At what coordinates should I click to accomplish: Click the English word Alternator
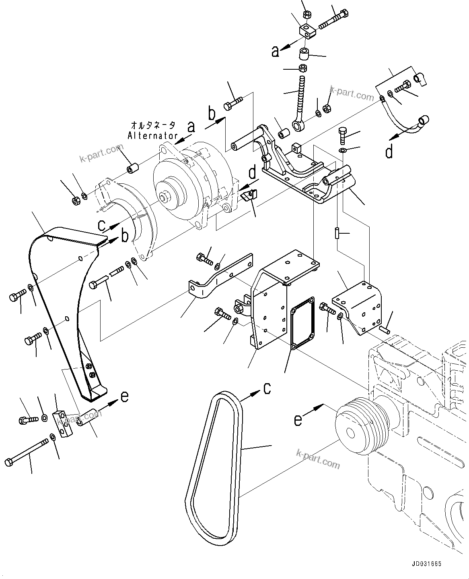tap(152, 136)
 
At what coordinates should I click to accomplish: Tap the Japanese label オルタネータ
tap(153, 125)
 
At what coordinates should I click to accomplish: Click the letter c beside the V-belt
tap(267, 388)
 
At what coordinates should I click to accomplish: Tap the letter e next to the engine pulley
tap(298, 420)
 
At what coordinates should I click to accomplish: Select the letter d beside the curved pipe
tap(389, 152)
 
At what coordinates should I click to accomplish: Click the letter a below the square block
tap(275, 52)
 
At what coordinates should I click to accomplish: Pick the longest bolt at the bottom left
tap(27, 452)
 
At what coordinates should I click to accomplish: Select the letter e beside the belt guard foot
tap(125, 396)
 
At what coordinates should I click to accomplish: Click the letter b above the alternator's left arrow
tap(212, 114)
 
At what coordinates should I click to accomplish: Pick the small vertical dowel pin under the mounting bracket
tap(337, 233)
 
